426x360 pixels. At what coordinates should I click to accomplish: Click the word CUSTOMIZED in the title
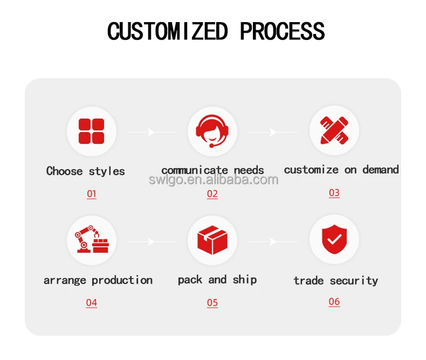(x=167, y=31)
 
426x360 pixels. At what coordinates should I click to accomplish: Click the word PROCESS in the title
(x=282, y=31)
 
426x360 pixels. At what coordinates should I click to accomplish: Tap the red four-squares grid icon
(x=91, y=131)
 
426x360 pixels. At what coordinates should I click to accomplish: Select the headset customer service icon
(x=212, y=131)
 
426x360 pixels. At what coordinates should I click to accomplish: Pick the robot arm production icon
(x=91, y=240)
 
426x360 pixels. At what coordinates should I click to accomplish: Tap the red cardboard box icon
(x=212, y=240)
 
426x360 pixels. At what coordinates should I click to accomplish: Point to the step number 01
(x=92, y=193)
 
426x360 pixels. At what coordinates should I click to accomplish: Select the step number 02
(x=212, y=193)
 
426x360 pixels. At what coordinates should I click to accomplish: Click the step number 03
(x=334, y=192)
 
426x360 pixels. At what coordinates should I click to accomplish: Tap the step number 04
(x=92, y=302)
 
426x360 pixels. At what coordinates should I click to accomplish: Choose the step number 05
(x=212, y=302)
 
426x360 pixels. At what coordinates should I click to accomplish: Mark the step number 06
(x=334, y=301)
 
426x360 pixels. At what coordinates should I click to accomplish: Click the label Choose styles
(x=85, y=171)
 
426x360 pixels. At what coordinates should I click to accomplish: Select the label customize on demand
(x=341, y=170)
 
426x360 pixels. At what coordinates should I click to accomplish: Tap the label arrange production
(x=98, y=280)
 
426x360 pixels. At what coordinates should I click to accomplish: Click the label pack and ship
(x=217, y=280)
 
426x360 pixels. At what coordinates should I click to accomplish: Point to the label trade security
(x=335, y=280)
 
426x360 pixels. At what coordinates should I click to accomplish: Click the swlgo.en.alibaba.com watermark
(x=214, y=180)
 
